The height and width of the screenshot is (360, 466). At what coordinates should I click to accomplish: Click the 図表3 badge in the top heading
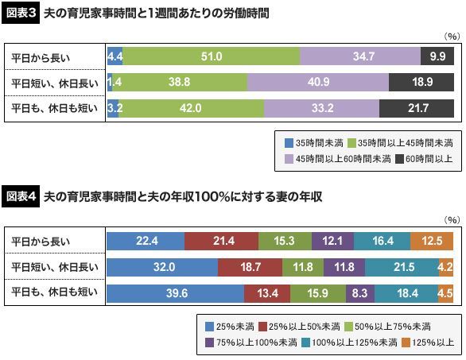click(21, 14)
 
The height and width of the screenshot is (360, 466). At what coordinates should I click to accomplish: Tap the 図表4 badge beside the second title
click(21, 197)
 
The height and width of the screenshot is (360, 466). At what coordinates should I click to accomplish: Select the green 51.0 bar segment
click(212, 56)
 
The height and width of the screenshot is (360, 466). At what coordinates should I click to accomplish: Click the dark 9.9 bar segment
click(437, 56)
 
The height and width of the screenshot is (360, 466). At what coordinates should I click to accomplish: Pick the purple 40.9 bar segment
click(318, 82)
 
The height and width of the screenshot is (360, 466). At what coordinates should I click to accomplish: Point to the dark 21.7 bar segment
click(417, 108)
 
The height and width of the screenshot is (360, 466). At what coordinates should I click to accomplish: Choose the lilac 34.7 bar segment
click(360, 56)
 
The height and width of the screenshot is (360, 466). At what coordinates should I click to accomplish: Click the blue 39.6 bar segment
click(175, 293)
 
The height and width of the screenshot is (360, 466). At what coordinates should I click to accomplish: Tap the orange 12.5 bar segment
click(432, 241)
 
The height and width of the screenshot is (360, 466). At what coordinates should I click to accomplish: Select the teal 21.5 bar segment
click(402, 267)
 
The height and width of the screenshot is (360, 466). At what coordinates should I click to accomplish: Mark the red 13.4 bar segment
click(267, 293)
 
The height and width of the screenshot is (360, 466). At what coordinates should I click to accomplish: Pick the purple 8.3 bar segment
click(360, 293)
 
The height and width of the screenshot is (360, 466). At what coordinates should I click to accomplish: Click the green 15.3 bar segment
click(285, 241)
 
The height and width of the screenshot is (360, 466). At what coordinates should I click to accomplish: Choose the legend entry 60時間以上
click(424, 159)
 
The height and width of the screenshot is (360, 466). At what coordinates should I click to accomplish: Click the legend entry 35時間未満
click(314, 143)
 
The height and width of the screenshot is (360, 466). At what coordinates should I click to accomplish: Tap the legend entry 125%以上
click(427, 343)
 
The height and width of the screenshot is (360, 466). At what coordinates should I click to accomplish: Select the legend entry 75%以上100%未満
click(251, 343)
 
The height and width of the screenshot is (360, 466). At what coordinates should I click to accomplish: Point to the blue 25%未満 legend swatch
click(209, 327)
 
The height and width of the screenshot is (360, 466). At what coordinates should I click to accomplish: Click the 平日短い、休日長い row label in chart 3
click(55, 83)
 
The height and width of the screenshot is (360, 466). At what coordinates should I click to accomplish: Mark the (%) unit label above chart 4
click(452, 220)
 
